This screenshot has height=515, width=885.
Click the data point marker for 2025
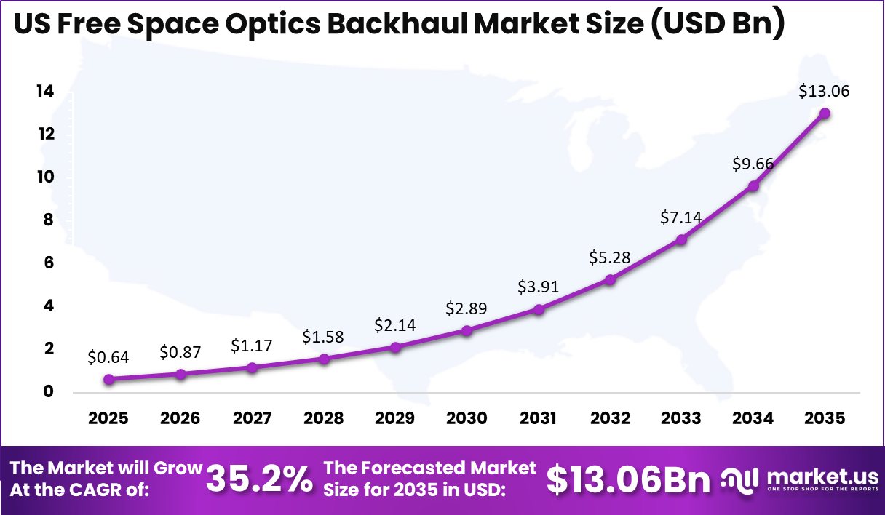tap(108, 379)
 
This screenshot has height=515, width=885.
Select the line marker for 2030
tap(467, 330)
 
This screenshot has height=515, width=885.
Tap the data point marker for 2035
tap(825, 113)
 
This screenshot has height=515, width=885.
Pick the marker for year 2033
tap(682, 239)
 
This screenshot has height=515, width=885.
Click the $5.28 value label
tap(610, 257)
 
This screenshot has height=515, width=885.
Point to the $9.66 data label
tap(753, 164)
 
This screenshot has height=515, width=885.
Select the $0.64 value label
tap(108, 357)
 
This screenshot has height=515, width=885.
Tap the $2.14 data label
tap(395, 324)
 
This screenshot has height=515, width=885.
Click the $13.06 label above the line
tap(824, 92)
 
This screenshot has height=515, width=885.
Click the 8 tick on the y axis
tap(48, 220)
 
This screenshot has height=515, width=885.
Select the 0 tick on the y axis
tap(48, 392)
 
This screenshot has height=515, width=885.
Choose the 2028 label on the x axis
tap(324, 419)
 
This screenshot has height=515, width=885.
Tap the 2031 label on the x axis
tap(539, 419)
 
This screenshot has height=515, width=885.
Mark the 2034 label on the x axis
tap(753, 419)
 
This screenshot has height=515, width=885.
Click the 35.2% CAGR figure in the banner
tap(260, 479)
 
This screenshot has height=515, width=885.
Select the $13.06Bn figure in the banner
tap(628, 479)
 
